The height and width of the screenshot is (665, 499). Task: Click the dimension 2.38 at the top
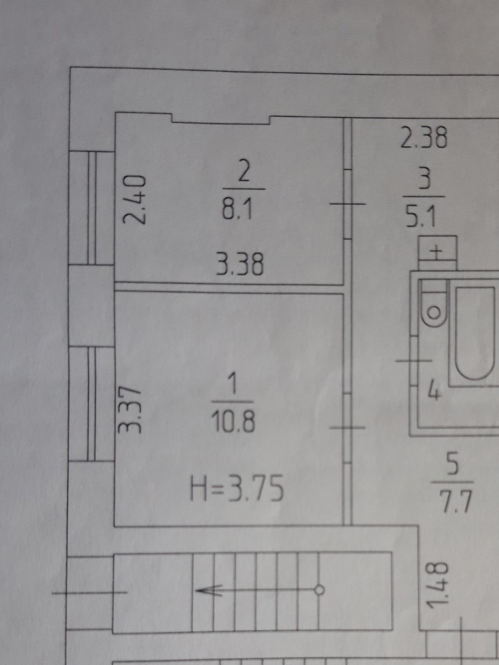pyautogui.click(x=423, y=138)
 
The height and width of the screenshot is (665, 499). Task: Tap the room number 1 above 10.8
pyautogui.click(x=231, y=386)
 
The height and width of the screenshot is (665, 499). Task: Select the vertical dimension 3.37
pyautogui.click(x=131, y=409)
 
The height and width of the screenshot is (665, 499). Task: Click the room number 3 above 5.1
pyautogui.click(x=425, y=181)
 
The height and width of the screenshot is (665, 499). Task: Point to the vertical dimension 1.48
pyautogui.click(x=437, y=584)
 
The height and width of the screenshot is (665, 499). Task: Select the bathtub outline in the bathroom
pyautogui.click(x=476, y=333)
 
